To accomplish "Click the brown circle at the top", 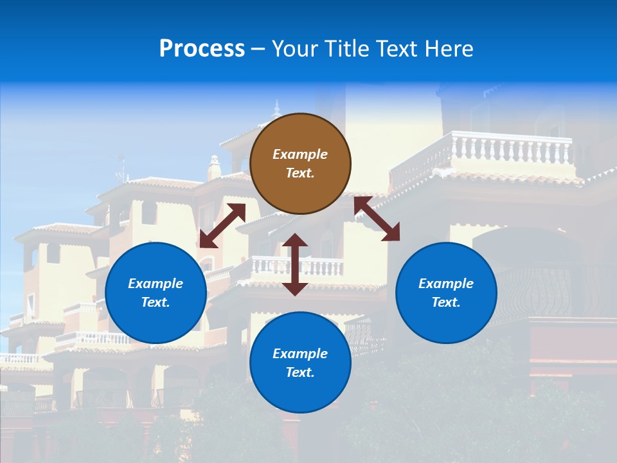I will [x=300, y=163].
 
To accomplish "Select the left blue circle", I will [x=156, y=293].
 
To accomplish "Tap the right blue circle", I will [x=446, y=293].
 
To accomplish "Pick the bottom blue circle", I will [x=300, y=363].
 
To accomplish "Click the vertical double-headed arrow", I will [x=295, y=264].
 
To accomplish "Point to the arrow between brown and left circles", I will [x=222, y=226].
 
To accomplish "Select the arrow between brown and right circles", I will [x=377, y=219].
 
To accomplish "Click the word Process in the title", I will [x=202, y=49].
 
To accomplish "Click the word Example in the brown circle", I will [x=300, y=154].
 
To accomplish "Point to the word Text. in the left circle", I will [x=156, y=302].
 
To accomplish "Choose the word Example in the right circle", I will [x=446, y=284].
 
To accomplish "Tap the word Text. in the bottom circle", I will [x=300, y=372].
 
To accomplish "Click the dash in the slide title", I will [x=258, y=50].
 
